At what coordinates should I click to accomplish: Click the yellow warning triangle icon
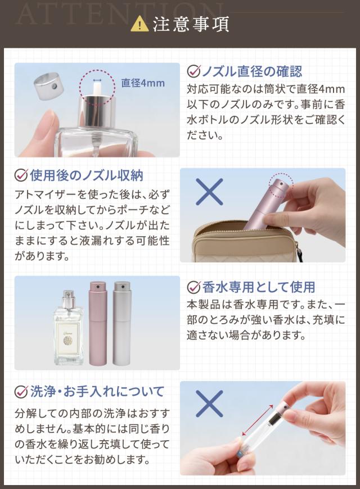coord(139,24)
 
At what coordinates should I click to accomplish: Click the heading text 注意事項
coord(191,25)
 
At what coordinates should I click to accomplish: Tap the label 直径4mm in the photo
coord(143,83)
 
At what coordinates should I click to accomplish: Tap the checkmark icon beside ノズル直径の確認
coord(193,71)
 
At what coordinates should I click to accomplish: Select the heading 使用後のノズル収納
coord(87,175)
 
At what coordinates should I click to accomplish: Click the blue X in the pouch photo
coord(209,192)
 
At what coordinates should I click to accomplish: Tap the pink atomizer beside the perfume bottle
coord(97,323)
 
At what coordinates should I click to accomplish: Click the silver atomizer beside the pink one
coord(121,323)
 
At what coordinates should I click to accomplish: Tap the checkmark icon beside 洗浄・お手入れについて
coord(21,391)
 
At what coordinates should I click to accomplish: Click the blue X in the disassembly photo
coord(209,404)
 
